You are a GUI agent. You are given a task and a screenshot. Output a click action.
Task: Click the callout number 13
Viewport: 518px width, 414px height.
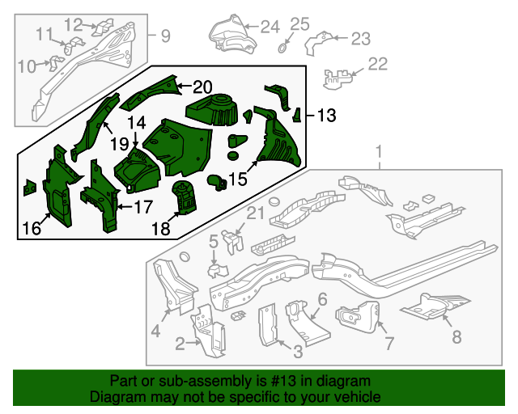tap(326, 116)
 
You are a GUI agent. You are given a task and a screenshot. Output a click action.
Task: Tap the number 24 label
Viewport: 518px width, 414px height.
tap(270, 27)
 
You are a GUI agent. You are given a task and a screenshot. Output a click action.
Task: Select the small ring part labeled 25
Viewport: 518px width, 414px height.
tap(282, 49)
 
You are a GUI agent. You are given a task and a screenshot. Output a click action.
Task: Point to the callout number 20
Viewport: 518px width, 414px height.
tap(202, 87)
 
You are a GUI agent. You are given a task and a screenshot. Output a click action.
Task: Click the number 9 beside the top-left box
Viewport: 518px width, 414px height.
tap(165, 36)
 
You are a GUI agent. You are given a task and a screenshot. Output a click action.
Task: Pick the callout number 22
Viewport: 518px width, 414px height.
tap(377, 64)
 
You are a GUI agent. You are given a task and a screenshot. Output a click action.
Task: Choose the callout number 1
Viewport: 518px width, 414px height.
tap(379, 152)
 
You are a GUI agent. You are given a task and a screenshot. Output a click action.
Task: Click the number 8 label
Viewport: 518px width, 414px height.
tap(456, 336)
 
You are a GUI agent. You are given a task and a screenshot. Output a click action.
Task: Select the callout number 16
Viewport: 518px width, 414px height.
tap(32, 228)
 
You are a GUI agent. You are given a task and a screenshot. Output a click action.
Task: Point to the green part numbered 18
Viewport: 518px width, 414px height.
tap(185, 197)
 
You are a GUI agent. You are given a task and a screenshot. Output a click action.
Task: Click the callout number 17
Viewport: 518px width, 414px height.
tap(143, 207)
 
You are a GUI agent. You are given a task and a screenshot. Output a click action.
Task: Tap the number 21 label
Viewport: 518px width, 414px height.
tap(256, 213)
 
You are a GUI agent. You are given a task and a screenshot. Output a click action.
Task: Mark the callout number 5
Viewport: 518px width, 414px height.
tap(214, 241)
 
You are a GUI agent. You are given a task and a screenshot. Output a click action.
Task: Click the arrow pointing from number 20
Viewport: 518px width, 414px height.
tap(185, 86)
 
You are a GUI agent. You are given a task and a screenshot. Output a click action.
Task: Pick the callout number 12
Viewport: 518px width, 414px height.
tap(73, 25)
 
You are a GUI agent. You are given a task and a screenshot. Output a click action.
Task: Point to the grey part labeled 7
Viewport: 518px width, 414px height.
tap(358, 318)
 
